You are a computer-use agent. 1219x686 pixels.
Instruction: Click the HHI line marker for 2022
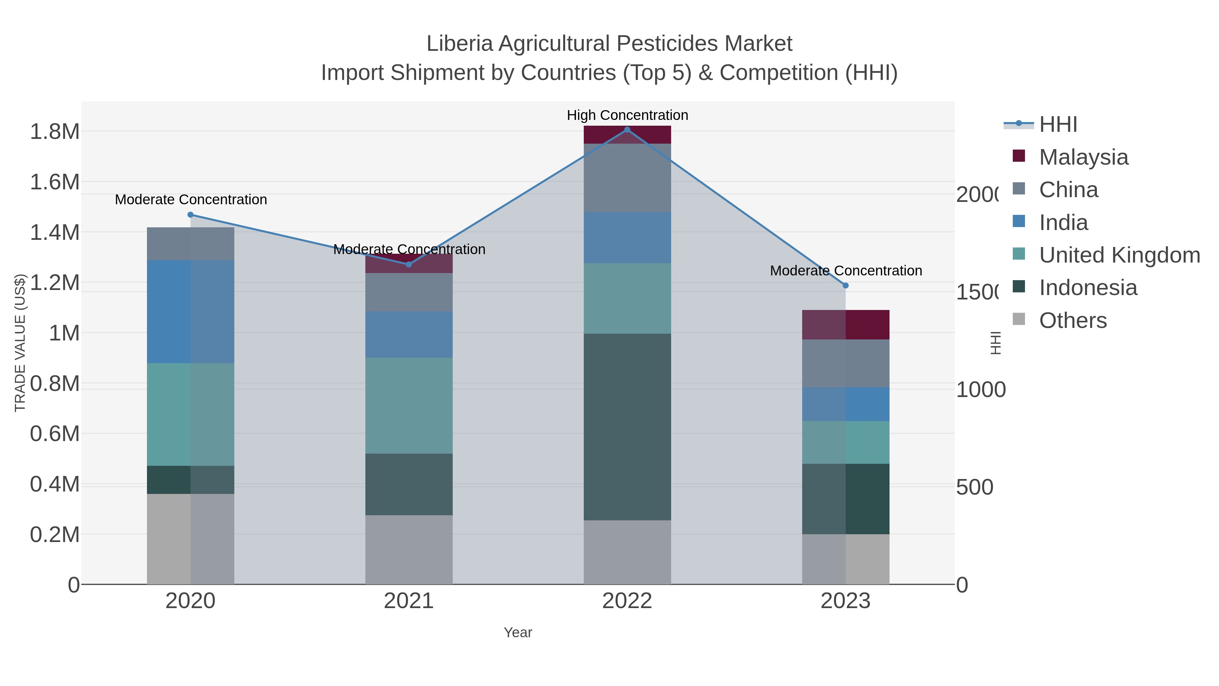coord(627,130)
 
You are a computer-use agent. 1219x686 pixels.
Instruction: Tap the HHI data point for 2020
coord(191,215)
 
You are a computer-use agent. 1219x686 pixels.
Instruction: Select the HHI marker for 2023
coord(846,286)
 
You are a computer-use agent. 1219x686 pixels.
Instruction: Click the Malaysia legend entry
coord(1083,157)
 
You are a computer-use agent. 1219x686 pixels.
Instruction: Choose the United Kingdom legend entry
coord(1119,255)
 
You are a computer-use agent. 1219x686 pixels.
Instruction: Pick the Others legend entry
coord(1073,320)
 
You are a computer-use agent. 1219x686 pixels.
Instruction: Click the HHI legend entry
coord(1058,125)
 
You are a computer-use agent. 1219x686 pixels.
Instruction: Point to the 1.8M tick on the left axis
coord(55,132)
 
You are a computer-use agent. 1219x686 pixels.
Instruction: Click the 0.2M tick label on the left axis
coord(55,535)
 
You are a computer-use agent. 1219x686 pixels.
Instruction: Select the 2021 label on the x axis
coord(409,601)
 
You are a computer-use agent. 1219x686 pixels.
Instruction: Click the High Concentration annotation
coord(627,116)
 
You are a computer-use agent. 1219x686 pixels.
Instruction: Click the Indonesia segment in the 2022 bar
coord(627,426)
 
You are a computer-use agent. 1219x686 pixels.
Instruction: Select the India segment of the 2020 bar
coord(191,312)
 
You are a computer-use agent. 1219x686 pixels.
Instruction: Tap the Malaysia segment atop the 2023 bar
coord(846,325)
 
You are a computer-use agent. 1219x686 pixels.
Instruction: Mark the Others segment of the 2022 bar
coord(627,552)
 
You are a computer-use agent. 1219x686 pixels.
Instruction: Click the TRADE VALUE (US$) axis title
coord(20,343)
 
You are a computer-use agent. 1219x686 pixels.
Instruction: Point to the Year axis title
coord(518,632)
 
